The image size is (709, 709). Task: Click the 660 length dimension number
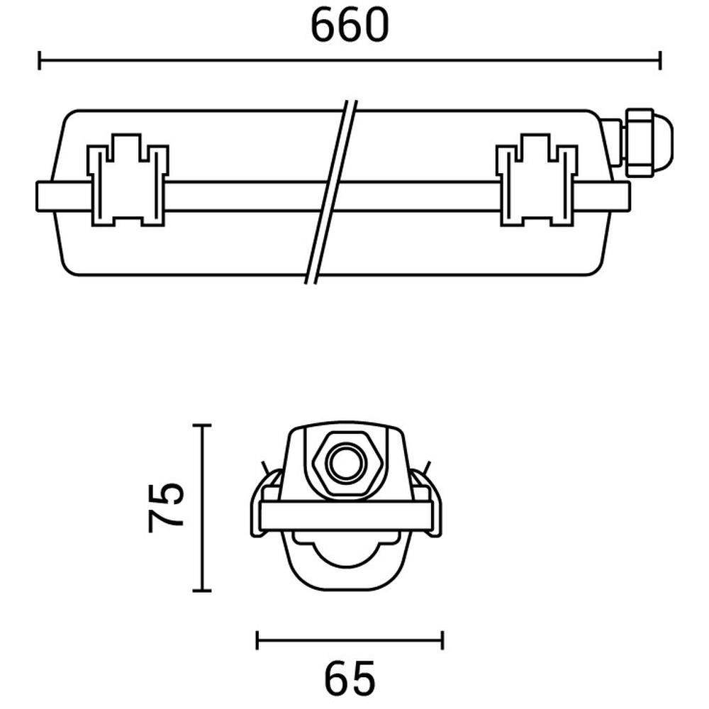[350, 26]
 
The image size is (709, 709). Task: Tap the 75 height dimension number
[166, 508]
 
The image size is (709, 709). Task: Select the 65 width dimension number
[350, 679]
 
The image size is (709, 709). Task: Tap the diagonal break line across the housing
[331, 191]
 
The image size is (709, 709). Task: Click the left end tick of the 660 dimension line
[40, 60]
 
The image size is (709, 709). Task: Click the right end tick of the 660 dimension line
[660, 60]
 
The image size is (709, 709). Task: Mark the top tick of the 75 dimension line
[201, 425]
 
